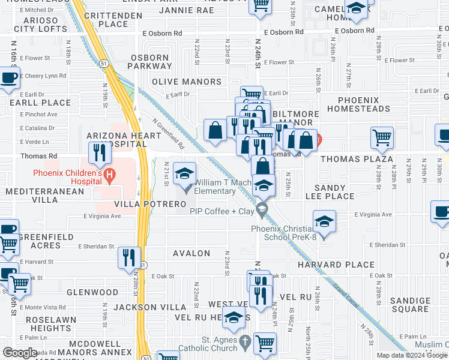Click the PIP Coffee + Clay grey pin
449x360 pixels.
(x=261, y=210)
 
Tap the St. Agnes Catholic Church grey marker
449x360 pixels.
(x=244, y=343)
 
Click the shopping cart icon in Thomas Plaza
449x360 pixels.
(x=382, y=138)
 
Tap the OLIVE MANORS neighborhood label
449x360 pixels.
(x=187, y=82)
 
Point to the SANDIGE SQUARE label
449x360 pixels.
(x=410, y=305)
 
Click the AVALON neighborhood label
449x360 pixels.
(x=191, y=253)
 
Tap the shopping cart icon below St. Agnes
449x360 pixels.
(x=265, y=344)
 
